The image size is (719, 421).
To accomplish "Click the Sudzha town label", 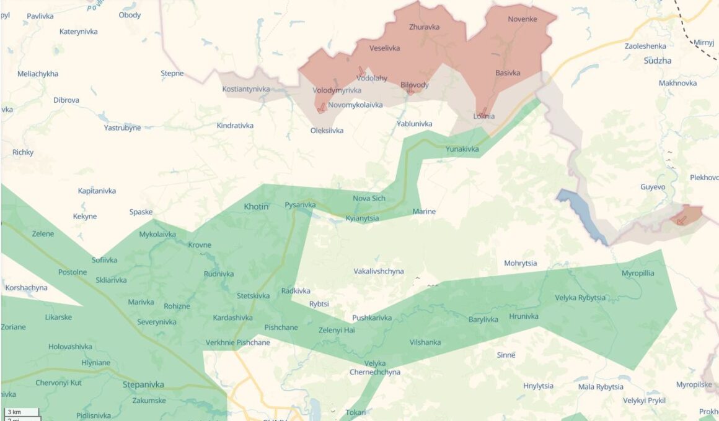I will click(x=657, y=61).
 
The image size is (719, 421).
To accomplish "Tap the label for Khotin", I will click(x=256, y=207).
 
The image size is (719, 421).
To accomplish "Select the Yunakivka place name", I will click(x=462, y=149).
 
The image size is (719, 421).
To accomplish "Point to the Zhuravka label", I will click(x=424, y=27).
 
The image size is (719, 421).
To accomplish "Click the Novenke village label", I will click(x=523, y=19).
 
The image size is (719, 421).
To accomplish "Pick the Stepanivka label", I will click(x=144, y=384).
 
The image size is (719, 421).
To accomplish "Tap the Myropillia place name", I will click(x=637, y=273).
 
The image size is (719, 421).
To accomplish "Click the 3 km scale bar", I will click(x=21, y=412).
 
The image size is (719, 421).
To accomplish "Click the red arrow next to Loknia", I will click(x=483, y=112).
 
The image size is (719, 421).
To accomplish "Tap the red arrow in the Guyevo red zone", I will click(x=682, y=219).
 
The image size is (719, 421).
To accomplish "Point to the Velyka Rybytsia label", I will click(x=580, y=298).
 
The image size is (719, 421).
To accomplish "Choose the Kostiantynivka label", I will click(x=246, y=89).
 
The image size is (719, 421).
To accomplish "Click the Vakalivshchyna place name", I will click(x=378, y=271).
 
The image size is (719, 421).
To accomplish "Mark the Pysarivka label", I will click(x=300, y=204).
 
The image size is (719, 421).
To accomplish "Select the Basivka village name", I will click(x=508, y=73).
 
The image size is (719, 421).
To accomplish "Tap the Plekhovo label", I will click(x=704, y=178).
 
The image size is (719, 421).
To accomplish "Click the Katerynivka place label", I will click(x=78, y=32).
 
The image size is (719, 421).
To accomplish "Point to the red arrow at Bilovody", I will click(x=410, y=90).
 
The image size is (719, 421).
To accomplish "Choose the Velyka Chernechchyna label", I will click(x=375, y=368).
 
